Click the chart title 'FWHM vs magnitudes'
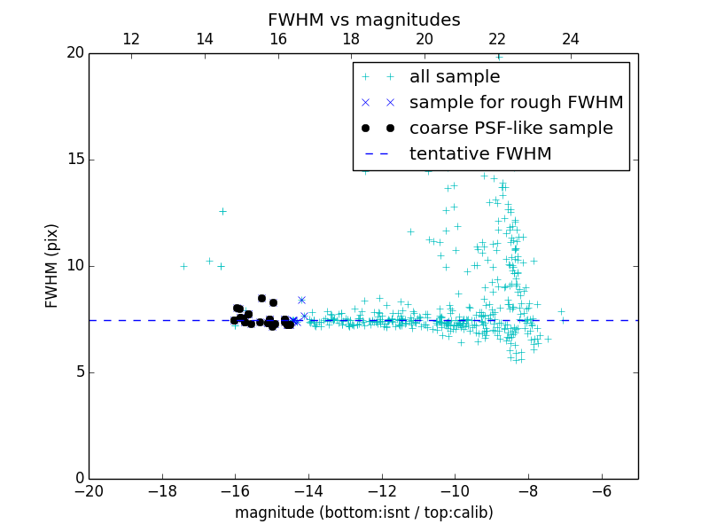[x=363, y=20]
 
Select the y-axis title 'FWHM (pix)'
[x=52, y=266]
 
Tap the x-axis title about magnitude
[x=363, y=512]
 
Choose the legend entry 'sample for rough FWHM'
[x=516, y=103]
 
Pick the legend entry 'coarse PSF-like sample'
[x=510, y=129]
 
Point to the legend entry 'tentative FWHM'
[x=480, y=154]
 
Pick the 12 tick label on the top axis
[x=131, y=39]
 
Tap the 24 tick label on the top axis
[x=571, y=39]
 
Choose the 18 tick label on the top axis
[x=351, y=39]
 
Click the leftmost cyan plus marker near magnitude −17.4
[x=183, y=266]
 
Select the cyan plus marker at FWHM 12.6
[x=222, y=211]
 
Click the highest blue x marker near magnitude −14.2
[x=301, y=300]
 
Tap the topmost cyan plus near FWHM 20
[x=499, y=57]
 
